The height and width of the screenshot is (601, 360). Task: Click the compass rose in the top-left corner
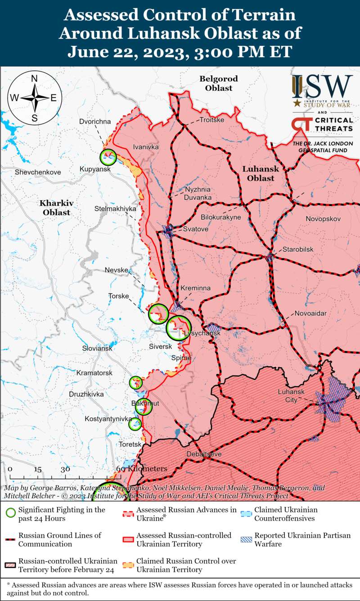click(35, 98)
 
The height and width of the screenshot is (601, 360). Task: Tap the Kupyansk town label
click(94, 168)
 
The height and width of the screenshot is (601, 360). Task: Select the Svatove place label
click(195, 229)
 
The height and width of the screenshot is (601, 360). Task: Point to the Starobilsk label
click(297, 249)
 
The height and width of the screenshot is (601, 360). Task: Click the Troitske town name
click(211, 120)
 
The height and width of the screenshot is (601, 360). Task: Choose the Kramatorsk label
click(94, 373)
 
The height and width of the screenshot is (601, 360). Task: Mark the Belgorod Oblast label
click(219, 83)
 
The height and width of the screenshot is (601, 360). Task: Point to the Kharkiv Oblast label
click(56, 207)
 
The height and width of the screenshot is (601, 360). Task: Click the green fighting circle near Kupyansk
click(108, 157)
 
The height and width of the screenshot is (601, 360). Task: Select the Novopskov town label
click(323, 219)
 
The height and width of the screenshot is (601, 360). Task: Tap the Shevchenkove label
click(38, 172)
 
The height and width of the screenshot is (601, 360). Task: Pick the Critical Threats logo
click(322, 125)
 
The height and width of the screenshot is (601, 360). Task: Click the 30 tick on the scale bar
click(66, 469)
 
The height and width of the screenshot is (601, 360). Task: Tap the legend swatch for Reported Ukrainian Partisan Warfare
click(246, 539)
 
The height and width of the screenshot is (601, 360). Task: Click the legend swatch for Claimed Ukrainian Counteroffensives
click(246, 513)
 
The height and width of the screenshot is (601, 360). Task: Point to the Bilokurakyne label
click(220, 217)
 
